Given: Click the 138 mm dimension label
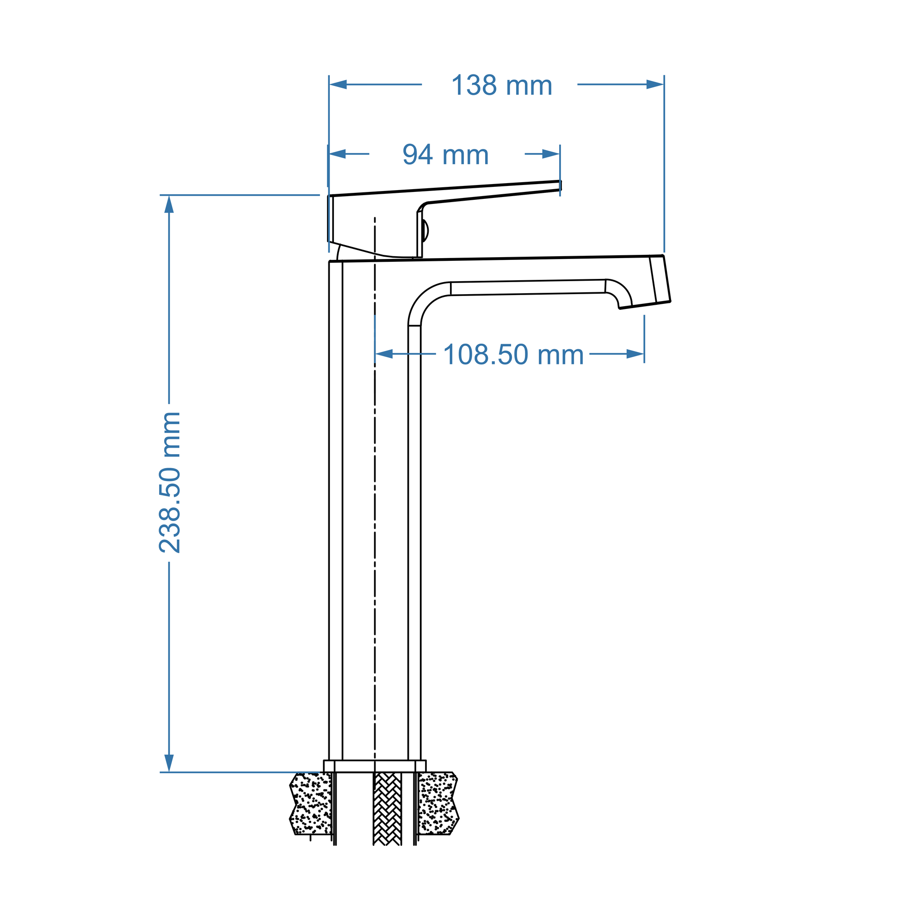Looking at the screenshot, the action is click(x=501, y=86).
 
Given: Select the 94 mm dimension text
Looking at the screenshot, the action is click(x=445, y=154).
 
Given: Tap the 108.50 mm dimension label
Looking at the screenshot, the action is click(x=513, y=355).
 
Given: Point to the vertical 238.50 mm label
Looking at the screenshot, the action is click(x=170, y=483).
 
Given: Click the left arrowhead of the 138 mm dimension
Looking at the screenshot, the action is click(x=338, y=84).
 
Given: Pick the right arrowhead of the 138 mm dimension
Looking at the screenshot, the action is click(x=655, y=84).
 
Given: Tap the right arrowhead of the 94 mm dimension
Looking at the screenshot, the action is click(x=551, y=154).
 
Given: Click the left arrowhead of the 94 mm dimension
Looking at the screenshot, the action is click(x=337, y=154).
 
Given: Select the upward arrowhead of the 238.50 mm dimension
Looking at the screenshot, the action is click(x=169, y=204).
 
